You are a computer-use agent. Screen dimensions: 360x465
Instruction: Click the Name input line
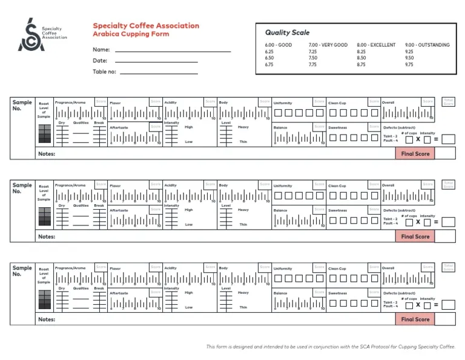click(173, 52)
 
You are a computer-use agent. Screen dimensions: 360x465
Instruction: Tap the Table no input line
click(159, 73)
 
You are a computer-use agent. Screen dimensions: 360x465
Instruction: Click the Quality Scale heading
click(287, 33)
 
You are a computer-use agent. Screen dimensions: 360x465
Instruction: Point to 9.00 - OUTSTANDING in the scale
click(427, 45)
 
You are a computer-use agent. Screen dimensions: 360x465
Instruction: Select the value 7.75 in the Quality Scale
click(312, 64)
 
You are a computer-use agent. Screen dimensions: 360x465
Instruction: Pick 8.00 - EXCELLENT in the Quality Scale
click(376, 45)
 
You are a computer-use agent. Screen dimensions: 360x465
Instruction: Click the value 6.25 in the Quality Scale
click(269, 52)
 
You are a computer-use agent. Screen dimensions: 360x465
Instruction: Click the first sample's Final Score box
click(415, 154)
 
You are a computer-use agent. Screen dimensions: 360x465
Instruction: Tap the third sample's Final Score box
click(415, 319)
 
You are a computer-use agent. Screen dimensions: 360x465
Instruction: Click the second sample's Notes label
click(47, 236)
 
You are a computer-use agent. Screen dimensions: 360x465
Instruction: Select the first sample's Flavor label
click(115, 103)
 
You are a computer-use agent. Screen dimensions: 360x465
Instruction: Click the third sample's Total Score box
click(448, 267)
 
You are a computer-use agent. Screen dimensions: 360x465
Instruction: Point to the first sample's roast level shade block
click(45, 134)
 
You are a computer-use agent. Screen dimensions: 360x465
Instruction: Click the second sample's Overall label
click(388, 185)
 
